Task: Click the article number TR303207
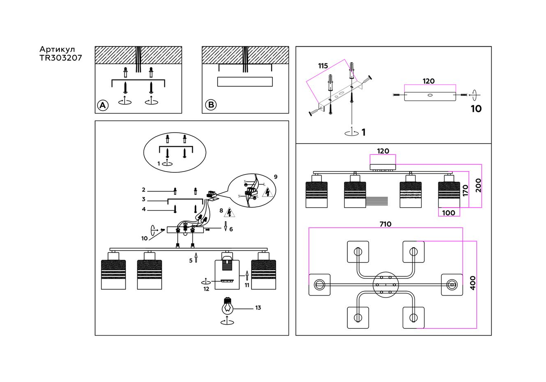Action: [x=61, y=58]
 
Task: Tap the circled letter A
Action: [x=102, y=106]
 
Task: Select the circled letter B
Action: [x=211, y=105]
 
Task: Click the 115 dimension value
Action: [x=323, y=66]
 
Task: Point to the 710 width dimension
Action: [x=385, y=224]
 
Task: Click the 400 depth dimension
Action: [x=473, y=283]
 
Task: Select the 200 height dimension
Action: [x=478, y=185]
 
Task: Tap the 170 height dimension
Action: [x=465, y=190]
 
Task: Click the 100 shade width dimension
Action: [x=449, y=213]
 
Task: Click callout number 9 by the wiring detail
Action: [x=276, y=177]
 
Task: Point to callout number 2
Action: [x=144, y=190]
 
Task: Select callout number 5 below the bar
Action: [x=191, y=260]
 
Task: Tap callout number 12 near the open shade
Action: [x=206, y=289]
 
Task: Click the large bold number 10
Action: [x=476, y=109]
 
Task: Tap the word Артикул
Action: [x=57, y=50]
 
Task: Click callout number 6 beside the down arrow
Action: [x=231, y=229]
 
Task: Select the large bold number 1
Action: [x=363, y=133]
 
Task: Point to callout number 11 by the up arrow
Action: [x=247, y=285]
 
